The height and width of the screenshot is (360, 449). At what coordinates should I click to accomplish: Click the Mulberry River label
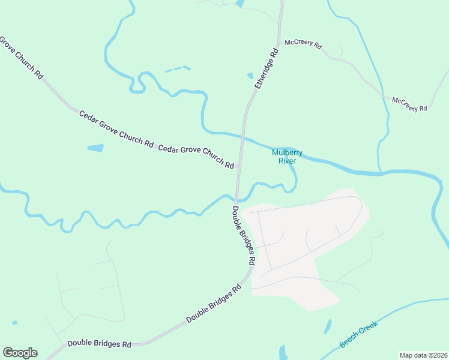(x=284, y=157)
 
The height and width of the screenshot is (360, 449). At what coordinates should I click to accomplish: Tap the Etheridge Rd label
(x=267, y=69)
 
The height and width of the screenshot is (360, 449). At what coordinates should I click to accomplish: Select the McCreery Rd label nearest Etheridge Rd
(x=303, y=44)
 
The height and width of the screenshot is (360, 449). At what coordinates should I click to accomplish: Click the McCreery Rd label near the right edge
(x=409, y=104)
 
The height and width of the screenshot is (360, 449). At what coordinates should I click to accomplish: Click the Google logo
(x=20, y=353)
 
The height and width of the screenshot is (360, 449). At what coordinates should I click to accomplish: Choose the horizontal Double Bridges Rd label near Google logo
(x=99, y=344)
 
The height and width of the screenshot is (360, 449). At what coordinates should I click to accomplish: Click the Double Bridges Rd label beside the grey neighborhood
(x=244, y=236)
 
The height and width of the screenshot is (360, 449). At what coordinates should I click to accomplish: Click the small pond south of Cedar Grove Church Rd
(x=95, y=148)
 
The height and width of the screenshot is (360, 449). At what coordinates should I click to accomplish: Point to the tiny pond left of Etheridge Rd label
(x=250, y=76)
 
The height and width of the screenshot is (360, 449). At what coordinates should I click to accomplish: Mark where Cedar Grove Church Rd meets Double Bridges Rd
(x=239, y=166)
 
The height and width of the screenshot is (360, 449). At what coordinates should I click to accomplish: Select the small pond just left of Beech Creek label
(x=328, y=326)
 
